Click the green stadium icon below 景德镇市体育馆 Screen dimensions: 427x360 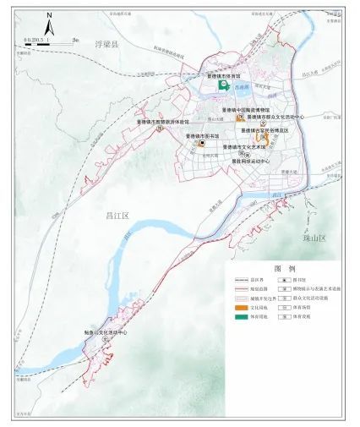225,86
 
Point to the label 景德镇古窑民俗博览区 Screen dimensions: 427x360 265,130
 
